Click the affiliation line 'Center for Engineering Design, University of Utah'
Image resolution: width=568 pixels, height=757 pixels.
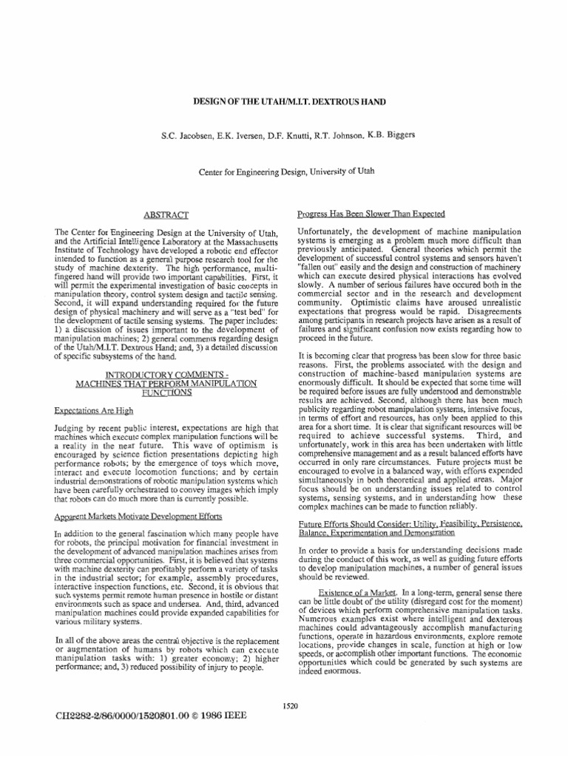tap(288, 171)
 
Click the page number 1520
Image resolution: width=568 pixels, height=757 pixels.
tap(290, 706)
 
